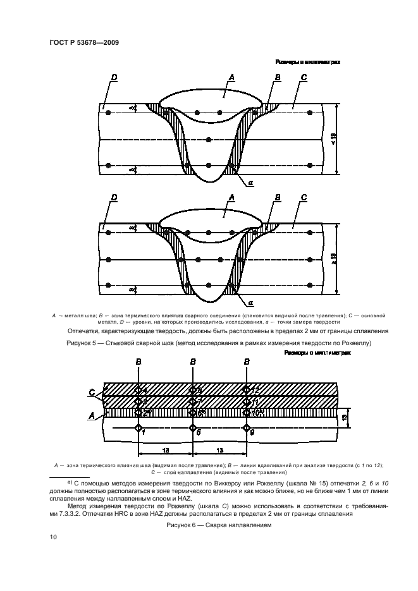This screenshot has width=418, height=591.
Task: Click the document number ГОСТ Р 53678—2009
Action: pos(84,42)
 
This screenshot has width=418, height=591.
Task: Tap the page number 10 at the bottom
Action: pos(54,537)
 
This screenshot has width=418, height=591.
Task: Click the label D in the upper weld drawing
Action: pos(114,77)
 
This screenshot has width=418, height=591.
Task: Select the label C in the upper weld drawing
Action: pos(304,77)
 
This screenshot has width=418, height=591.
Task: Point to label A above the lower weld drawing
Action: pos(232,198)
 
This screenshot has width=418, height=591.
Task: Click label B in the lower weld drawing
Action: pos(277,198)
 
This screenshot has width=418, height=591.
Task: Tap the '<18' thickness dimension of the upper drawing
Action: pos(333,138)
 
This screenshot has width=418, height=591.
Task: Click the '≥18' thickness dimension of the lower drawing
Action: pos(333,259)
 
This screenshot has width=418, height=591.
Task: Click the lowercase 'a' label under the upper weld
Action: pos(251,183)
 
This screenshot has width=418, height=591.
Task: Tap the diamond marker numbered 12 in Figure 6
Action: pos(247,389)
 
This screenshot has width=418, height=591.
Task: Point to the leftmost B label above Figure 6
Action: pos(138,362)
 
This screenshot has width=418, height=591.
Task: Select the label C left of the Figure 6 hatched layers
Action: pos(92,392)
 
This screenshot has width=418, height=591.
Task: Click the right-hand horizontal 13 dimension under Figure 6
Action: pos(219,450)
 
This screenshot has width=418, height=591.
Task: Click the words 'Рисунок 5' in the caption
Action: pos(86,343)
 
